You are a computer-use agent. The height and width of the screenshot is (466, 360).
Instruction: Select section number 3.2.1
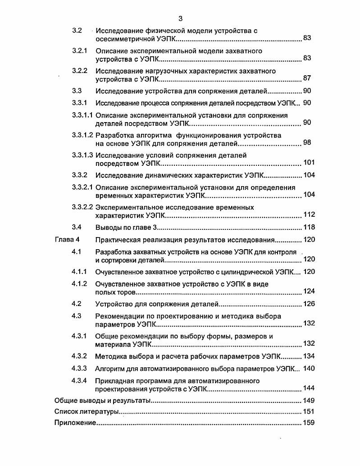coord(80,51)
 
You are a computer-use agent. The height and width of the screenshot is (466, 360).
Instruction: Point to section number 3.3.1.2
coord(82,135)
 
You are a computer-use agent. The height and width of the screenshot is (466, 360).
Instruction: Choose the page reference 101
coord(309,163)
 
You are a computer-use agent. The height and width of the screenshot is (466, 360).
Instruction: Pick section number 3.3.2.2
coord(82,207)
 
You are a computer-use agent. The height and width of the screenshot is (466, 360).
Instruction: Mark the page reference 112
coord(309,215)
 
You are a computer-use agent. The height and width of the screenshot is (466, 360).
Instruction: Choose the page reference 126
coord(309,304)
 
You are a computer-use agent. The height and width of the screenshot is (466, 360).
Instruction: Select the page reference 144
coord(309,388)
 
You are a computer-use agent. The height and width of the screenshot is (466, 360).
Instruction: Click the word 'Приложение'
coord(75,423)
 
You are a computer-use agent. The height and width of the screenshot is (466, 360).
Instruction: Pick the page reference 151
coord(309,411)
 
